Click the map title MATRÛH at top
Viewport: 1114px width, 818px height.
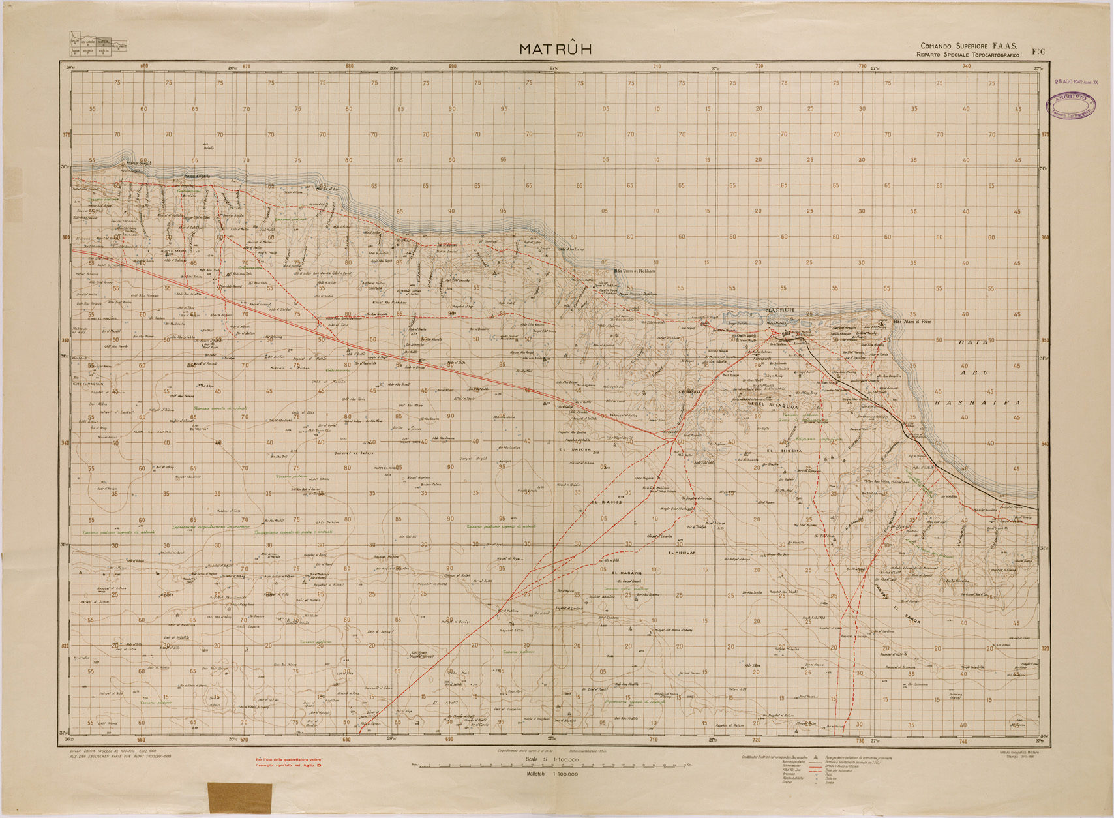[555, 50]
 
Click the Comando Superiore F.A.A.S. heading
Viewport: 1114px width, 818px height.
[969, 46]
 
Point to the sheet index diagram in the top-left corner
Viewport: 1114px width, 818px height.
[98, 43]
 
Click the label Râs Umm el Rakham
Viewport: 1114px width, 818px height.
[635, 270]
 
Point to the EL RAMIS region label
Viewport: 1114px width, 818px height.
[607, 502]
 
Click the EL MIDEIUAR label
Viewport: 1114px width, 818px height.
[682, 553]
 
